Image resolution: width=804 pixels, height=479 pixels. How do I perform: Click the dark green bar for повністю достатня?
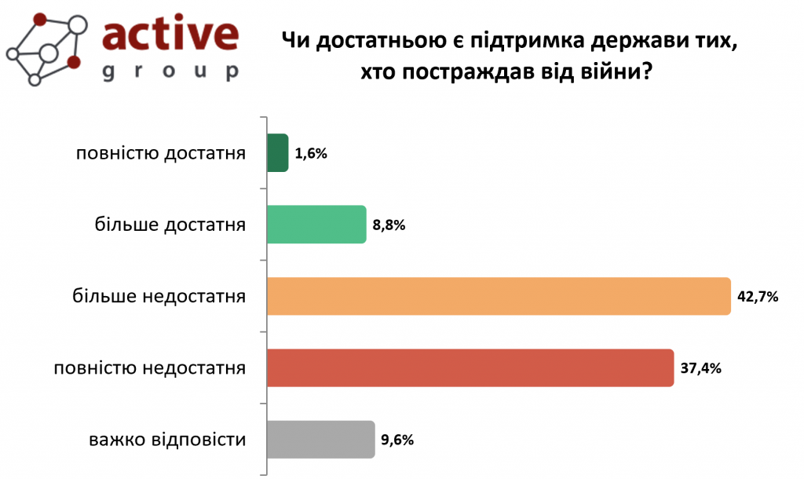coord(278,152)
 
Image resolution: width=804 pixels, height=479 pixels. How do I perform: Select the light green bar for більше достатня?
coord(316,225)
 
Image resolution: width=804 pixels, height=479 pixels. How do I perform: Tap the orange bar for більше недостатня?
coord(499,297)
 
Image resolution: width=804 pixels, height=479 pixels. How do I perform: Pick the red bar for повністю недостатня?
coord(470,367)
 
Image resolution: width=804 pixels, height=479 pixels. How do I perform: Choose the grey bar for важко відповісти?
coord(320,440)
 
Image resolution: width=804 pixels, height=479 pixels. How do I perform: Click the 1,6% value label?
coord(311,154)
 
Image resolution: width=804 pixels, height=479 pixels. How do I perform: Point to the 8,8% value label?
coord(389,225)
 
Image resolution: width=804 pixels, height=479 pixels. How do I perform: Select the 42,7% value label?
coord(758,297)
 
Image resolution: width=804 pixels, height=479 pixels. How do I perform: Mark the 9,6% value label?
coord(397,441)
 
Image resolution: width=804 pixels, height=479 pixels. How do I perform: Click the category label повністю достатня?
coord(161,153)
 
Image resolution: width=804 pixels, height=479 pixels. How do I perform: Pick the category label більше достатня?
coord(170,225)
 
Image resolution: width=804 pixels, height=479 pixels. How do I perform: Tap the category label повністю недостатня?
coord(150,368)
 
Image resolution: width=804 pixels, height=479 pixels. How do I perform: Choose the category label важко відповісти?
coord(168,440)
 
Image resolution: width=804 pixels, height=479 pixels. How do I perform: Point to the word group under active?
coord(170,72)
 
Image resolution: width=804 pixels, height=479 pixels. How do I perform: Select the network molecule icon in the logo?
coord(47,47)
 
